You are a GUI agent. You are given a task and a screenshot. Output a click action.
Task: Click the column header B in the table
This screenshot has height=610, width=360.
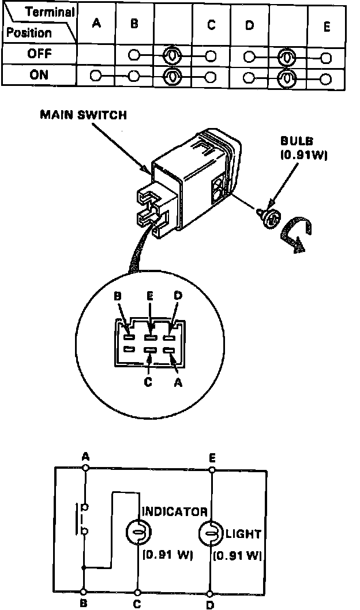pyautogui.click(x=134, y=25)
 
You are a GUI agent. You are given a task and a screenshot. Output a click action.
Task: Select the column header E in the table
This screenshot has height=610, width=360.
pyautogui.click(x=327, y=26)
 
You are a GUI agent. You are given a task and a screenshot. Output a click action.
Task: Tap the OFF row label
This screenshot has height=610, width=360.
pyautogui.click(x=39, y=55)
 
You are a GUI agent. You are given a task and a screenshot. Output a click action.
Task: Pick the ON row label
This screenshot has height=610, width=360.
pyautogui.click(x=39, y=76)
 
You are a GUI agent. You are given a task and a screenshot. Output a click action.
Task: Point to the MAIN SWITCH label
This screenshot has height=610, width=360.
pyautogui.click(x=83, y=115)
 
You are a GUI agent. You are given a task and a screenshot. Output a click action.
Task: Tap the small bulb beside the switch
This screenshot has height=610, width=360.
pyautogui.click(x=269, y=219)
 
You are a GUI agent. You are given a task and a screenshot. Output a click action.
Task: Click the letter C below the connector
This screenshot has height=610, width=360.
pyautogui.click(x=149, y=382)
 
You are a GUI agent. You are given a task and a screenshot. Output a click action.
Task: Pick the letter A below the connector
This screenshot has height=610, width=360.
pyautogui.click(x=178, y=382)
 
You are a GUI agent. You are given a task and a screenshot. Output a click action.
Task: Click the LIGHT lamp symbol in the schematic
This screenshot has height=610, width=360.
pyautogui.click(x=211, y=533)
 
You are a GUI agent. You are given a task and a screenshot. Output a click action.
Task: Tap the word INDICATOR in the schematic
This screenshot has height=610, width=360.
pyautogui.click(x=174, y=511)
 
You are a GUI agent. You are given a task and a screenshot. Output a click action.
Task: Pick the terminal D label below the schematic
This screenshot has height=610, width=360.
pyautogui.click(x=211, y=604)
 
